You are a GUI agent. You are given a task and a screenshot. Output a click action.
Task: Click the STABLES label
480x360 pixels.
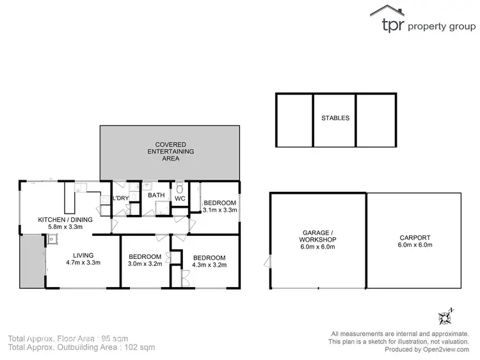(x=335, y=118)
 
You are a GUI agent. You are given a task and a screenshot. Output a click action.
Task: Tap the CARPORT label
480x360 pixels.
(x=414, y=237)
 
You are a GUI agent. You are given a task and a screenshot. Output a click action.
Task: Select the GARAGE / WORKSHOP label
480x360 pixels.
(x=319, y=236)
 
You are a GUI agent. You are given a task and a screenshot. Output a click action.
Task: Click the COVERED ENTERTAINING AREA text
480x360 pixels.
(x=170, y=151)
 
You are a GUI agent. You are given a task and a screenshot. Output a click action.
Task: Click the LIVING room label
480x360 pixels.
(x=83, y=254)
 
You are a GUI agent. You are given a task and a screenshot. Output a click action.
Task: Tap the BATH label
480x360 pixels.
(x=156, y=196)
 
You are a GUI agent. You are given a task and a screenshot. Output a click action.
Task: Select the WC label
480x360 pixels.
(x=180, y=199)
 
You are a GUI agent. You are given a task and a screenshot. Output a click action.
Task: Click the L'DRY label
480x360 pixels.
(x=121, y=198)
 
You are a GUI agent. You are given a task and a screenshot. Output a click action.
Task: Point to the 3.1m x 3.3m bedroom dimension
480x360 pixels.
(x=220, y=210)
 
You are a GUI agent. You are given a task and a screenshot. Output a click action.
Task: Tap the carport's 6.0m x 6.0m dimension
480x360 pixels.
(x=415, y=245)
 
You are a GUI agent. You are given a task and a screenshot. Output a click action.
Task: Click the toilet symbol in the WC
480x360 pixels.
(x=180, y=189)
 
